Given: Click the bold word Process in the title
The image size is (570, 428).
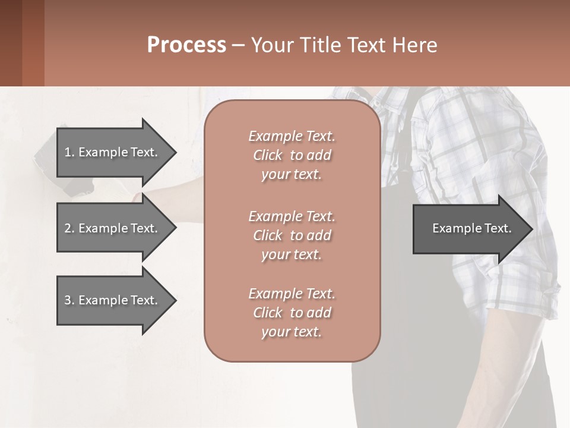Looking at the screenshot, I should [186, 45].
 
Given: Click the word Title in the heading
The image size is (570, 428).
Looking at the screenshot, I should [321, 45].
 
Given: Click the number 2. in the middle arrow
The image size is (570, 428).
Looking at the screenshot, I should [69, 228].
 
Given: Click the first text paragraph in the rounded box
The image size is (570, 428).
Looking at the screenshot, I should [292, 155].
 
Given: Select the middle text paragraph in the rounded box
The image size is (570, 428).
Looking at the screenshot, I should [292, 235].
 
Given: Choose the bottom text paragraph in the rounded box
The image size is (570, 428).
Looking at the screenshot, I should [292, 313].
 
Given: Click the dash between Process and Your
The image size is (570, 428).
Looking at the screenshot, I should [238, 45].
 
